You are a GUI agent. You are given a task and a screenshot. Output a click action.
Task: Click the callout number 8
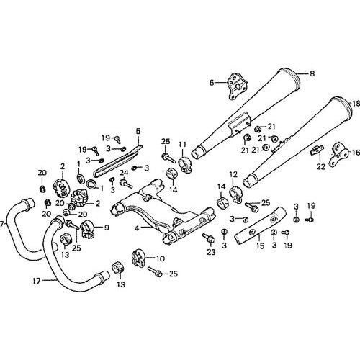point(312,73)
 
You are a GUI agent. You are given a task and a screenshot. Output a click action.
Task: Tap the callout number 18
point(356,104)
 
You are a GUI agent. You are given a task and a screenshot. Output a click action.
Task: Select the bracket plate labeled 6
point(236,86)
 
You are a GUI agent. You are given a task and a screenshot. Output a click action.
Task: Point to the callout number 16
point(356,152)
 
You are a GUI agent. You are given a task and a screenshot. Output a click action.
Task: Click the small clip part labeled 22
point(317,150)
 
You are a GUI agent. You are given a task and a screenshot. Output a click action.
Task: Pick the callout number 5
point(138,131)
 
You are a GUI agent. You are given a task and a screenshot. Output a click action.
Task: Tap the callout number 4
point(137,228)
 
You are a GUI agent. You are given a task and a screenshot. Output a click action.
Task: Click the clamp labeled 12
point(235,196)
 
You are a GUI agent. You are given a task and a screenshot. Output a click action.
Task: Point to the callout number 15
point(260,246)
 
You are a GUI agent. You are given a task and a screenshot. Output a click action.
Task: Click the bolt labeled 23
point(208,238)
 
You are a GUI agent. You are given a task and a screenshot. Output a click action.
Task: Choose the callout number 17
point(37,281)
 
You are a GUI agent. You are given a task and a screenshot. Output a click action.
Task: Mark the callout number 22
point(321,166)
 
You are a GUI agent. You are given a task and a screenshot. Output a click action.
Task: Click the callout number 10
point(161,258)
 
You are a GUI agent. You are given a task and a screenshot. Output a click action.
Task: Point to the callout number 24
point(125,172)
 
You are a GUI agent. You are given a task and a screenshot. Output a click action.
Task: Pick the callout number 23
point(212,252)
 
